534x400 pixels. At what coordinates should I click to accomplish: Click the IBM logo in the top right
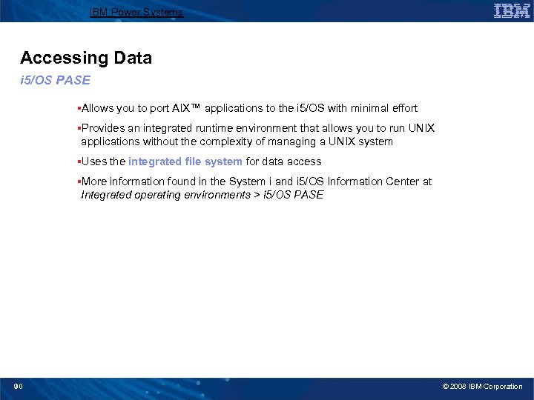pos(511,11)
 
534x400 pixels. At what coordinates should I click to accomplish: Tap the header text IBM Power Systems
pos(136,13)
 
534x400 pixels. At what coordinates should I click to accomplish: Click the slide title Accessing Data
pos(86,58)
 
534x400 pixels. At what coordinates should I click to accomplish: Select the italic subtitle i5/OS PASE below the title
pos(55,81)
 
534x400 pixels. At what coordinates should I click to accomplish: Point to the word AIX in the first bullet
pos(181,108)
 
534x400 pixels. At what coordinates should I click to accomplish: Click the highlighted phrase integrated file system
pos(185,161)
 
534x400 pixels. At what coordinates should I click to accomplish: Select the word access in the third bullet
pos(305,161)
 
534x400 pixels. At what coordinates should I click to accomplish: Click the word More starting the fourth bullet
pos(95,181)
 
